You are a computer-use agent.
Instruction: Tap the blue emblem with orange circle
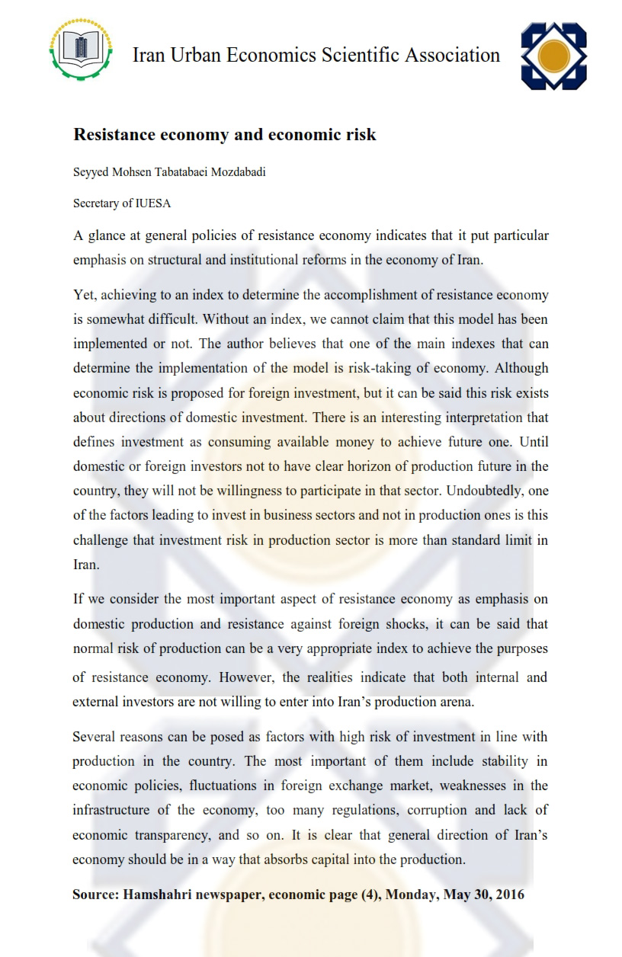tap(553, 56)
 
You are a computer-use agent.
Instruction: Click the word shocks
tap(399, 623)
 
